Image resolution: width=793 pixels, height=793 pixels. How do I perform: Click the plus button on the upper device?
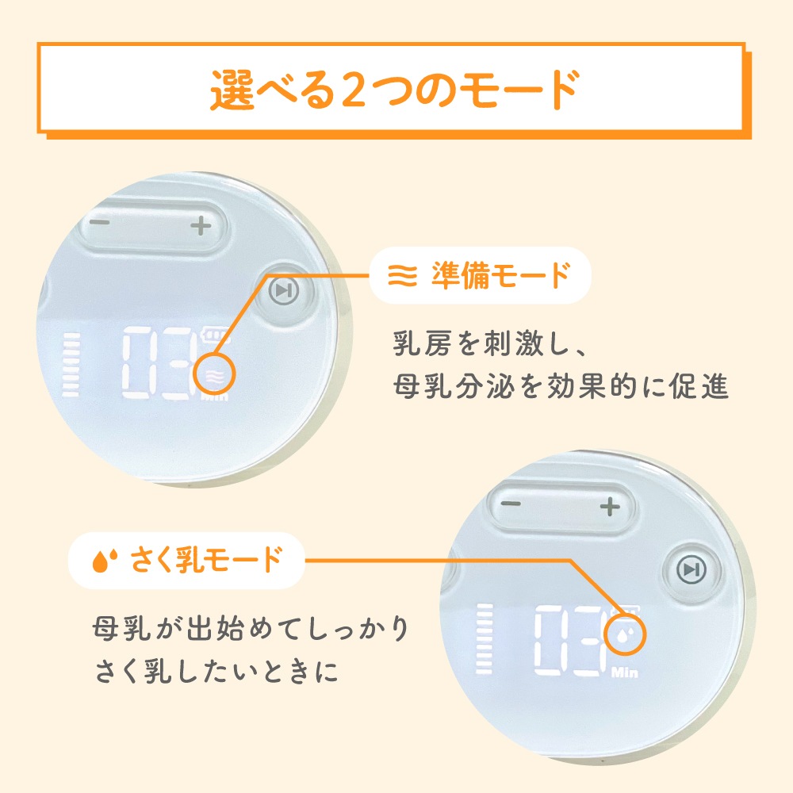click(x=201, y=225)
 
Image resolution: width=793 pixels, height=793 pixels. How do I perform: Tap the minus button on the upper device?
click(x=100, y=222)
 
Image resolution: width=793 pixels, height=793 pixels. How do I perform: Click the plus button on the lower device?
click(x=610, y=506)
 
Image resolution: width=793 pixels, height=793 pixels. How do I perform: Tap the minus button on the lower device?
click(x=511, y=504)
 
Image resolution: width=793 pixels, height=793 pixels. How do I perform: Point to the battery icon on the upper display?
click(x=216, y=335)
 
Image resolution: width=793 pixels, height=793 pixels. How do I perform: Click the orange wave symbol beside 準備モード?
click(x=403, y=276)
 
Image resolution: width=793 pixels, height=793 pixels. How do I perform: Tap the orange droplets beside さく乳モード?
click(x=105, y=560)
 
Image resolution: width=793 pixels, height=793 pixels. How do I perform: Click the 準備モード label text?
click(x=500, y=276)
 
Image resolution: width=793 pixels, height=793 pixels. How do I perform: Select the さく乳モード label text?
click(x=206, y=560)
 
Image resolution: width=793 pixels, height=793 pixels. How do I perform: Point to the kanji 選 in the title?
click(x=232, y=90)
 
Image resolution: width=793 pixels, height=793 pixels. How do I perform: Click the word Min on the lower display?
click(x=625, y=672)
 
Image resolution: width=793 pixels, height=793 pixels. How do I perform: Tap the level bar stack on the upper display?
click(x=71, y=364)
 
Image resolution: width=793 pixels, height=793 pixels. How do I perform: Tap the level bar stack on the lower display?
click(x=484, y=638)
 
